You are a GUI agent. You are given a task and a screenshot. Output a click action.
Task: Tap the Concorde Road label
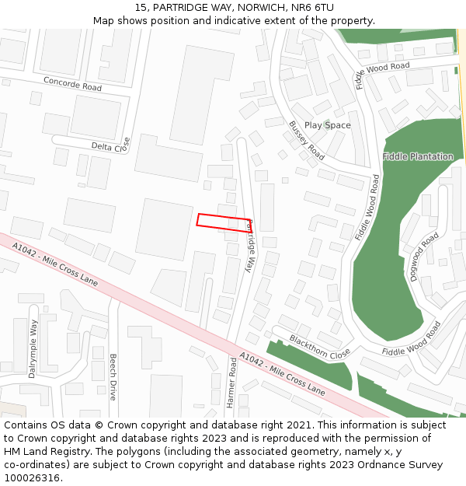(x=72, y=83)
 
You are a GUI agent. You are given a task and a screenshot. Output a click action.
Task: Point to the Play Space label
(x=327, y=125)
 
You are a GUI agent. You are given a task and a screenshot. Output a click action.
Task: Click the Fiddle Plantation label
(x=418, y=156)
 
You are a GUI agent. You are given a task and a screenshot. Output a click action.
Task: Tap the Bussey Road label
(x=306, y=140)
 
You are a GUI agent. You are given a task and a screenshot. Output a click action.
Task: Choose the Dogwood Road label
(x=425, y=256)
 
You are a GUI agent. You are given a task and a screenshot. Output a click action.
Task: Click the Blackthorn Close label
(x=320, y=348)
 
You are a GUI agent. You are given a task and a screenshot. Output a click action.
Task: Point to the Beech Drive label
(x=113, y=377)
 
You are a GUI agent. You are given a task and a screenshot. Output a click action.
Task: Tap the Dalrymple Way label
(x=33, y=349)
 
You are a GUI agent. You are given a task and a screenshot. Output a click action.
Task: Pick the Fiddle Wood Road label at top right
(x=382, y=75)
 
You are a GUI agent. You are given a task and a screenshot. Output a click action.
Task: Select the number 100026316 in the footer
(x=32, y=477)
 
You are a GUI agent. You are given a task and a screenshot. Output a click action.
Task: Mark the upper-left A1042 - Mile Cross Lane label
(x=54, y=264)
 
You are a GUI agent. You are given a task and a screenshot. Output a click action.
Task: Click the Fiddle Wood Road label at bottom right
(x=412, y=339)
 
